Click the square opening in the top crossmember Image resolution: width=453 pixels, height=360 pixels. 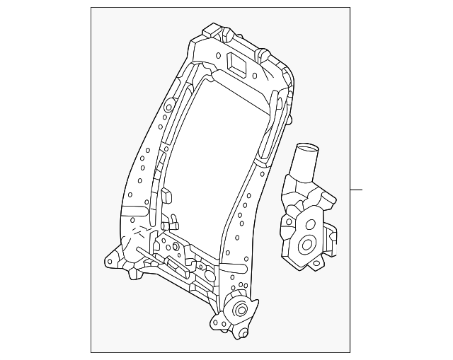coord(236,62)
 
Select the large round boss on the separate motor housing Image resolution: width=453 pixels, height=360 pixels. coord(309,245)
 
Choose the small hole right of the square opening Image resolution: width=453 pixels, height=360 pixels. coord(254,74)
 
